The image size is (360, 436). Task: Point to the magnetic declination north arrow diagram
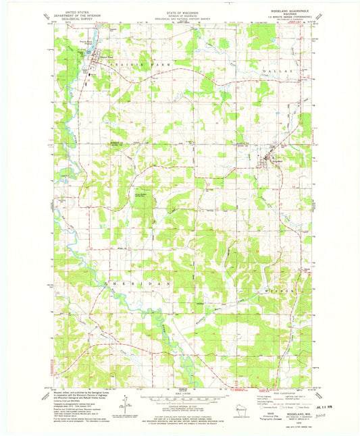(x=126, y=406)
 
